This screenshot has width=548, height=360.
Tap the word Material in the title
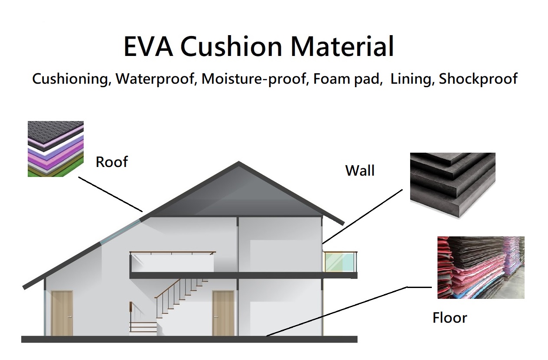click(x=342, y=46)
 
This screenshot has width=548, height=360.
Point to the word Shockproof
click(x=478, y=79)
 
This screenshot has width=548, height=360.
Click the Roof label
click(x=111, y=162)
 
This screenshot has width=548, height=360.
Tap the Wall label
click(x=360, y=170)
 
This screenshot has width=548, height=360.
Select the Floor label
click(x=450, y=317)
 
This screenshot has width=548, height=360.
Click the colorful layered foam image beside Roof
click(x=55, y=149)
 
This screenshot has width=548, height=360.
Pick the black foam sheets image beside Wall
click(x=453, y=185)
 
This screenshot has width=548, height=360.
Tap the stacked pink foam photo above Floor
click(x=481, y=268)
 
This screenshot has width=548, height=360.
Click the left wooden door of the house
click(x=62, y=313)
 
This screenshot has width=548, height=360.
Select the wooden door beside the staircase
click(x=223, y=313)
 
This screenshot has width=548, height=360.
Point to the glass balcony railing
click(x=340, y=262)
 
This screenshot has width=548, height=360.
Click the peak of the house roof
click(x=238, y=162)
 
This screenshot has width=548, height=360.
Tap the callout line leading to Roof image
click(x=110, y=194)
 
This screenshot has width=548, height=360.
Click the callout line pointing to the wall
click(x=362, y=216)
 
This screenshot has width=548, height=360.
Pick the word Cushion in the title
click(x=231, y=46)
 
